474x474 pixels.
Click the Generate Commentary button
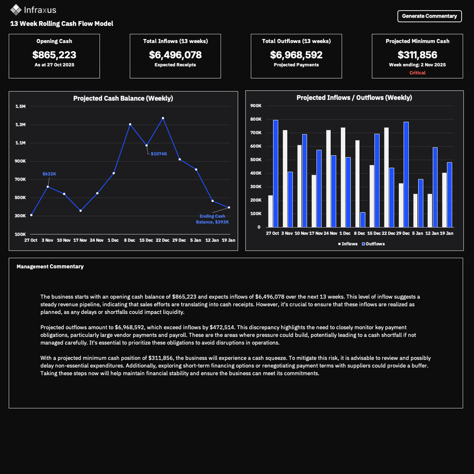tap(429, 16)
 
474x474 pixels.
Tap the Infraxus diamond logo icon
tap(16, 10)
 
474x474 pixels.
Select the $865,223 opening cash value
tap(54, 55)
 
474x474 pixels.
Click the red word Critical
tap(417, 73)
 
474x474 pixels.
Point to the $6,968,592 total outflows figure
tap(296, 55)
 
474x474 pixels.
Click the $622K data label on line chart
tap(49, 174)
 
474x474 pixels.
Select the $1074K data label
tap(159, 154)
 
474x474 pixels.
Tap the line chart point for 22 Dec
tap(163, 118)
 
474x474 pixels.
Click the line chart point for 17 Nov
tap(80, 211)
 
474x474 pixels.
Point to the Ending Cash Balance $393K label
tap(212, 219)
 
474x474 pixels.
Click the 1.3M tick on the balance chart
tap(20, 125)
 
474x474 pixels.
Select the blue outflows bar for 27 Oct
tap(276, 174)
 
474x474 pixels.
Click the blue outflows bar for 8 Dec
tap(363, 220)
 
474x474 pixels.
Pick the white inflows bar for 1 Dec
tap(343, 177)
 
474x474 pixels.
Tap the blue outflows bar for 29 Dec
tap(406, 175)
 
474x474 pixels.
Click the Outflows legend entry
tap(373, 244)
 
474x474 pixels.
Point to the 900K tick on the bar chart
tap(256, 106)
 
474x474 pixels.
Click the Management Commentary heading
tap(50, 266)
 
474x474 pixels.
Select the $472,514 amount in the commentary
tap(222, 327)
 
